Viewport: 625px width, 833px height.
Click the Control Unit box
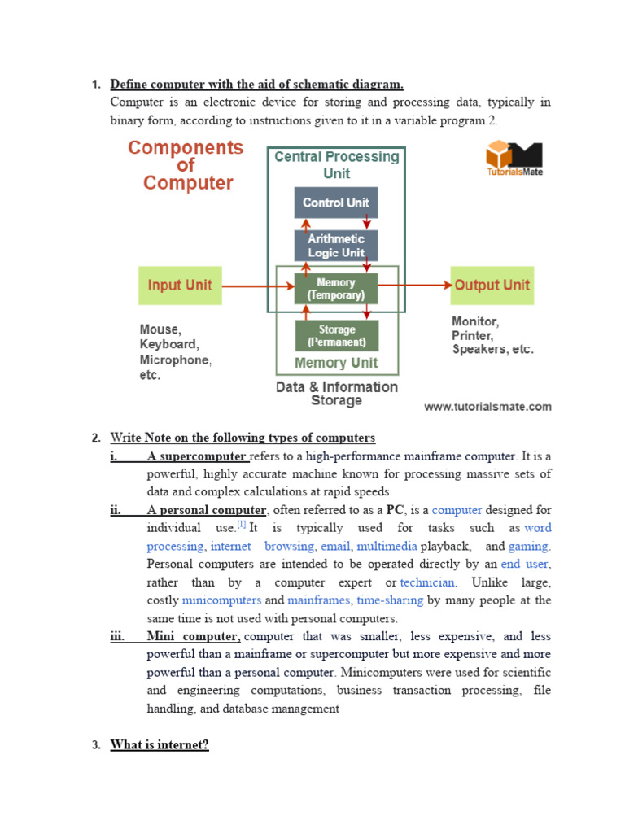[x=335, y=203]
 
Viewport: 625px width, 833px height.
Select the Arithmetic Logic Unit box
[x=335, y=246]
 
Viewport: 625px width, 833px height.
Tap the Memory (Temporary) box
[x=335, y=289]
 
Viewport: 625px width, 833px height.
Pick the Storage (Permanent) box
[x=336, y=335]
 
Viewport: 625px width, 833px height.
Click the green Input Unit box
[x=180, y=286]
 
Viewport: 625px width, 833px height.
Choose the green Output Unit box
[x=492, y=286]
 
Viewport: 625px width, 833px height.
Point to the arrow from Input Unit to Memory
[x=257, y=286]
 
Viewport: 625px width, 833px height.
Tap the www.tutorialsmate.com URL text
[x=487, y=407]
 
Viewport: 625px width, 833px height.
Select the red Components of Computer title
[x=186, y=165]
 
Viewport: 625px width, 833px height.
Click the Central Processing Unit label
[x=336, y=164]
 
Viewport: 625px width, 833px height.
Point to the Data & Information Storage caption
[x=336, y=394]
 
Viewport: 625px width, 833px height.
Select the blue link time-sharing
[x=390, y=600]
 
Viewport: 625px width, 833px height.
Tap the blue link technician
[x=428, y=582]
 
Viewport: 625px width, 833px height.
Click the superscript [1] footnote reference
[x=241, y=526]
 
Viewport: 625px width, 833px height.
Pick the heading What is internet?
[x=160, y=744]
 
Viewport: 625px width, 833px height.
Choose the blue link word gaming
[x=528, y=547]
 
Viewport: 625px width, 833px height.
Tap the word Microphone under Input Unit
[x=175, y=360]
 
